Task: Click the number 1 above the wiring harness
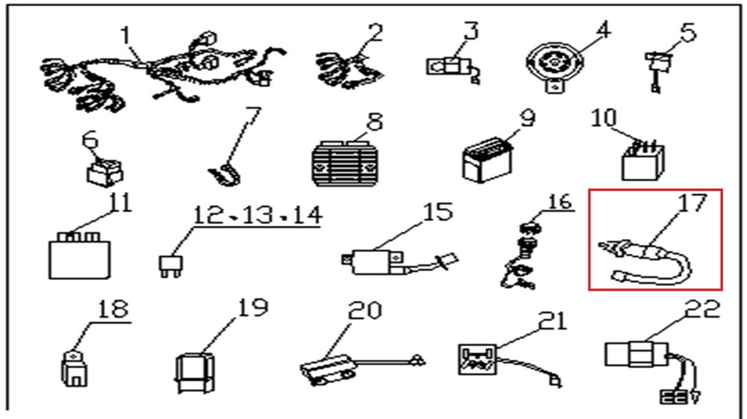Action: point(125,34)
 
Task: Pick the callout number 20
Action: point(365,311)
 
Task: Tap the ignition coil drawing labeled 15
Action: point(376,262)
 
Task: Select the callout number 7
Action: point(254,117)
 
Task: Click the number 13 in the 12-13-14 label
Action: point(257,215)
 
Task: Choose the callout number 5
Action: point(688,33)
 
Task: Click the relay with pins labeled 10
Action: point(639,160)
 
